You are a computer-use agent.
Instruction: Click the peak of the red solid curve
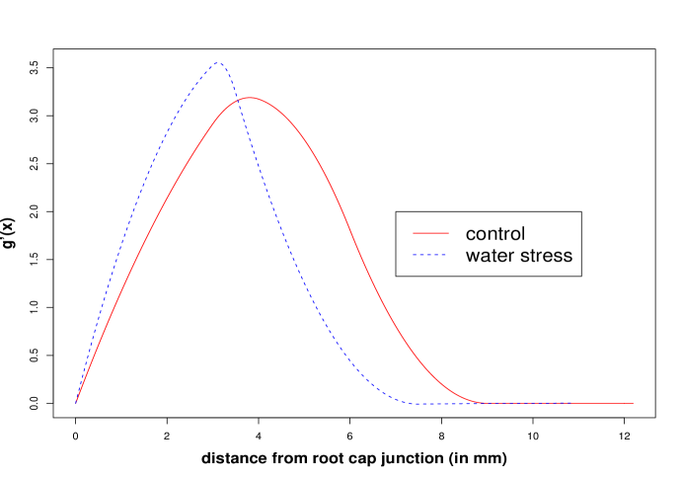pyautogui.click(x=250, y=98)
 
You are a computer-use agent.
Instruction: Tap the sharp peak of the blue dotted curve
pyautogui.click(x=219, y=63)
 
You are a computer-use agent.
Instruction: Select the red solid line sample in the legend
pyautogui.click(x=430, y=233)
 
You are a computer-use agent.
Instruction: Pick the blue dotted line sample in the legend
pyautogui.click(x=430, y=255)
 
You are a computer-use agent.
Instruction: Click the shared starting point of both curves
pyautogui.click(x=76, y=403)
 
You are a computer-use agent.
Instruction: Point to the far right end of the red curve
pyautogui.click(x=633, y=403)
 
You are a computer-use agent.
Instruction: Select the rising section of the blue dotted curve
pyautogui.click(x=138, y=198)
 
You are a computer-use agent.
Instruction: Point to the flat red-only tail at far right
pyautogui.click(x=602, y=403)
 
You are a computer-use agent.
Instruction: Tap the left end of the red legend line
pyautogui.click(x=413, y=233)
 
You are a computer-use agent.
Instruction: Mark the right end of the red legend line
pyautogui.click(x=449, y=233)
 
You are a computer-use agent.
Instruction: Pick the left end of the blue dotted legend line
pyautogui.click(x=413, y=255)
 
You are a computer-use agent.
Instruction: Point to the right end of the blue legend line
pyautogui.click(x=447, y=255)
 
